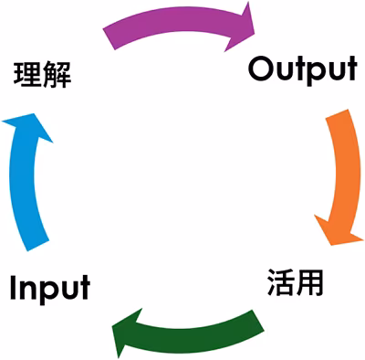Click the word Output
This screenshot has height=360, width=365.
pos(301,70)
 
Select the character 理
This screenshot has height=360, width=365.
pos(27,75)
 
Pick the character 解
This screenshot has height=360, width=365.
pos(57,75)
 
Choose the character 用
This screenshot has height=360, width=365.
pos(310,282)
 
